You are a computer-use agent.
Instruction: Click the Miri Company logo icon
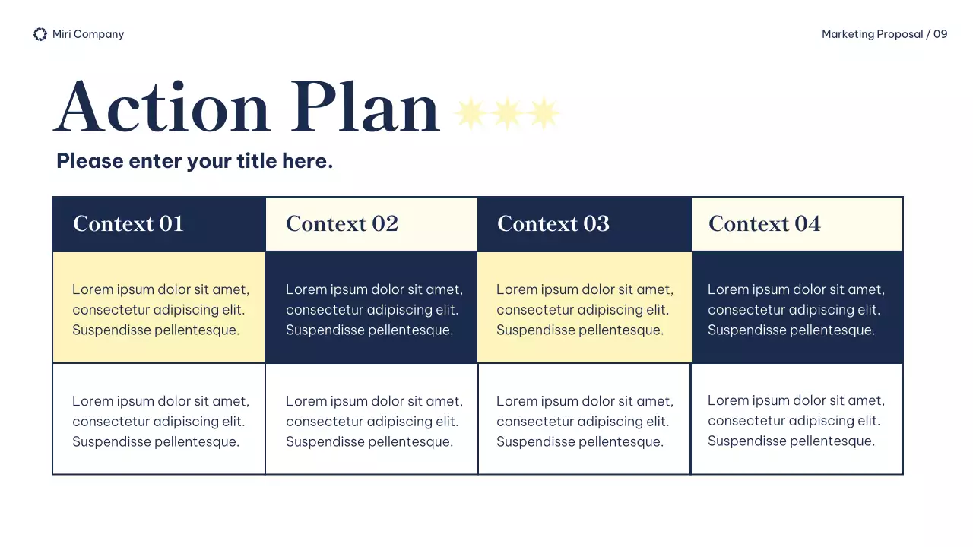40,34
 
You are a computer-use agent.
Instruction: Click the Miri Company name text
88,34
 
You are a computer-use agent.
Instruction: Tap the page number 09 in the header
940,34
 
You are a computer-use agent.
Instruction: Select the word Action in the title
162,107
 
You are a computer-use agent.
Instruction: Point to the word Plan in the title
365,107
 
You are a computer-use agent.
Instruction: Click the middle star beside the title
507,113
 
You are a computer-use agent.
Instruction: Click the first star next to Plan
471,113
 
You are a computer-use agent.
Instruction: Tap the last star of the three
544,113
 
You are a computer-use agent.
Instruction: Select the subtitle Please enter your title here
195,161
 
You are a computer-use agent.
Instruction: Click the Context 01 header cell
159,224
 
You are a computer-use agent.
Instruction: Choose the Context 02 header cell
372,224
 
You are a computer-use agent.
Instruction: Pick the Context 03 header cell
584,224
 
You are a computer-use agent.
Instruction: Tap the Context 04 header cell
797,224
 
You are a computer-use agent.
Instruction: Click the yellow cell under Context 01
159,308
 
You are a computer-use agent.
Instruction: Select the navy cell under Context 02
372,308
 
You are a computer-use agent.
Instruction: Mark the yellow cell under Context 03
584,308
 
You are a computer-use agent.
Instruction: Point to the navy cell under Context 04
797,308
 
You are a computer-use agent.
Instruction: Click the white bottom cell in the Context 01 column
159,420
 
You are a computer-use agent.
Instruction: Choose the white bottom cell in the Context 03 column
584,420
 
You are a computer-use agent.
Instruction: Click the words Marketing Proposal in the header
872,34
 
